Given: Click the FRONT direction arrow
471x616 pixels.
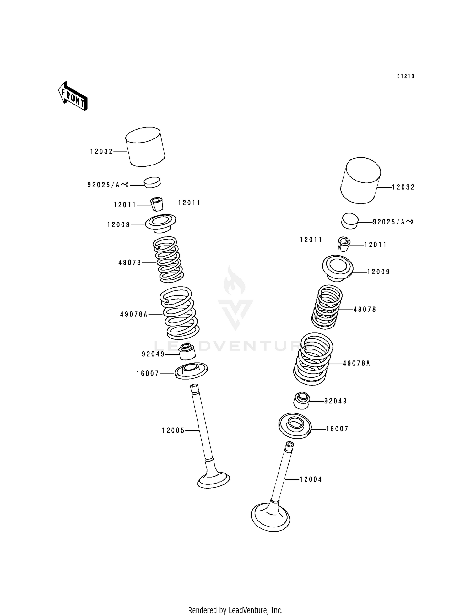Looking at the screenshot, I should point(73,96).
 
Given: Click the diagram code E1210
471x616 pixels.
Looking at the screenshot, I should point(405,76).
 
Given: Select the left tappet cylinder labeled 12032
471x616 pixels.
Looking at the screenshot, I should point(145,147).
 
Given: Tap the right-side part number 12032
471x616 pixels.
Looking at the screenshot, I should point(403,187).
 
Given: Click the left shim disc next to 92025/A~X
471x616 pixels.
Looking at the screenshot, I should point(152,182).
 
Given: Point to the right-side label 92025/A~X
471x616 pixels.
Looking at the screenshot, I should point(393,222).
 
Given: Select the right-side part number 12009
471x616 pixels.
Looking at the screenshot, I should point(378,272).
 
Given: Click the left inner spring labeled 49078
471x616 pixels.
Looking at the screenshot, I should point(168,259).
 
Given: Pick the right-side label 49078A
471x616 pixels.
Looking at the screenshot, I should point(356,364).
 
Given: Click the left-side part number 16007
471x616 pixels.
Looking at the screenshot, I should point(148,374).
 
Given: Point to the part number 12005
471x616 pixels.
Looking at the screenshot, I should point(173,430).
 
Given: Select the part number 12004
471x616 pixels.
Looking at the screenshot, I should point(311,479).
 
